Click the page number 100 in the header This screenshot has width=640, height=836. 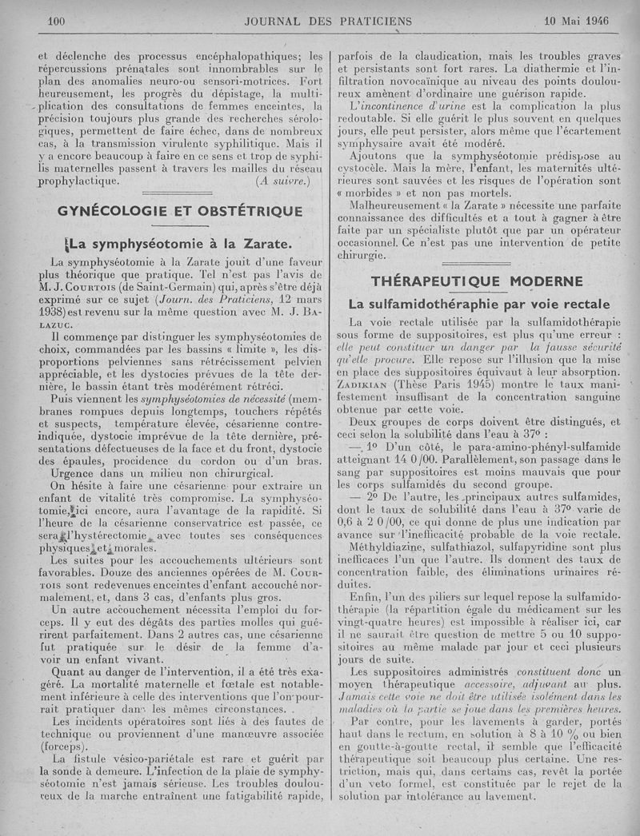click(x=56, y=21)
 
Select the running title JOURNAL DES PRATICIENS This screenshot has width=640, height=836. click(x=328, y=22)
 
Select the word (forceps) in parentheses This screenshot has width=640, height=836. click(x=63, y=742)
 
